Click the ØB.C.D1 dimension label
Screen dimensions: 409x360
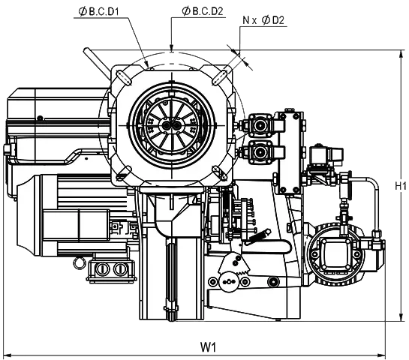pyautogui.click(x=98, y=12)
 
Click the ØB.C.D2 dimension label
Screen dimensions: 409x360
pyautogui.click(x=203, y=11)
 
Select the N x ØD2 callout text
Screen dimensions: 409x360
pyautogui.click(x=263, y=20)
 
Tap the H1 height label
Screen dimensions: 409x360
pyautogui.click(x=401, y=186)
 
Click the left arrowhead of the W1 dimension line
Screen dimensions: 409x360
pyautogui.click(x=8, y=355)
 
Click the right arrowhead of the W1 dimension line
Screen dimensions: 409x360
pyautogui.click(x=382, y=355)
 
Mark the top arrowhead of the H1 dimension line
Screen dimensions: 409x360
pyautogui.click(x=401, y=54)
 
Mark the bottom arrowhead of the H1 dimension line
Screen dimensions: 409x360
pyautogui.click(x=401, y=317)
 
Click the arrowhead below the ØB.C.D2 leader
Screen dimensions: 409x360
pyautogui.click(x=171, y=47)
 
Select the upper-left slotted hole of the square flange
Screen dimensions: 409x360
pyautogui.click(x=124, y=77)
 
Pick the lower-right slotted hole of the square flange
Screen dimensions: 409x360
pyautogui.click(x=219, y=172)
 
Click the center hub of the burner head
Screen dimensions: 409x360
pyautogui.click(x=171, y=126)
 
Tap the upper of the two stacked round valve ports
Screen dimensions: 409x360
pyautogui.click(x=260, y=126)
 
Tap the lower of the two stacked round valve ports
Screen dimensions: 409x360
pyautogui.click(x=260, y=152)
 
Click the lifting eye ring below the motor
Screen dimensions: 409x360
pyautogui.click(x=79, y=262)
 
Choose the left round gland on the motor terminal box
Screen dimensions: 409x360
pyautogui.click(x=102, y=268)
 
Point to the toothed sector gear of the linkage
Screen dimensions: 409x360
pyautogui.click(x=234, y=263)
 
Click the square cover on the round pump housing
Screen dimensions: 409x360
pyautogui.click(x=335, y=251)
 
